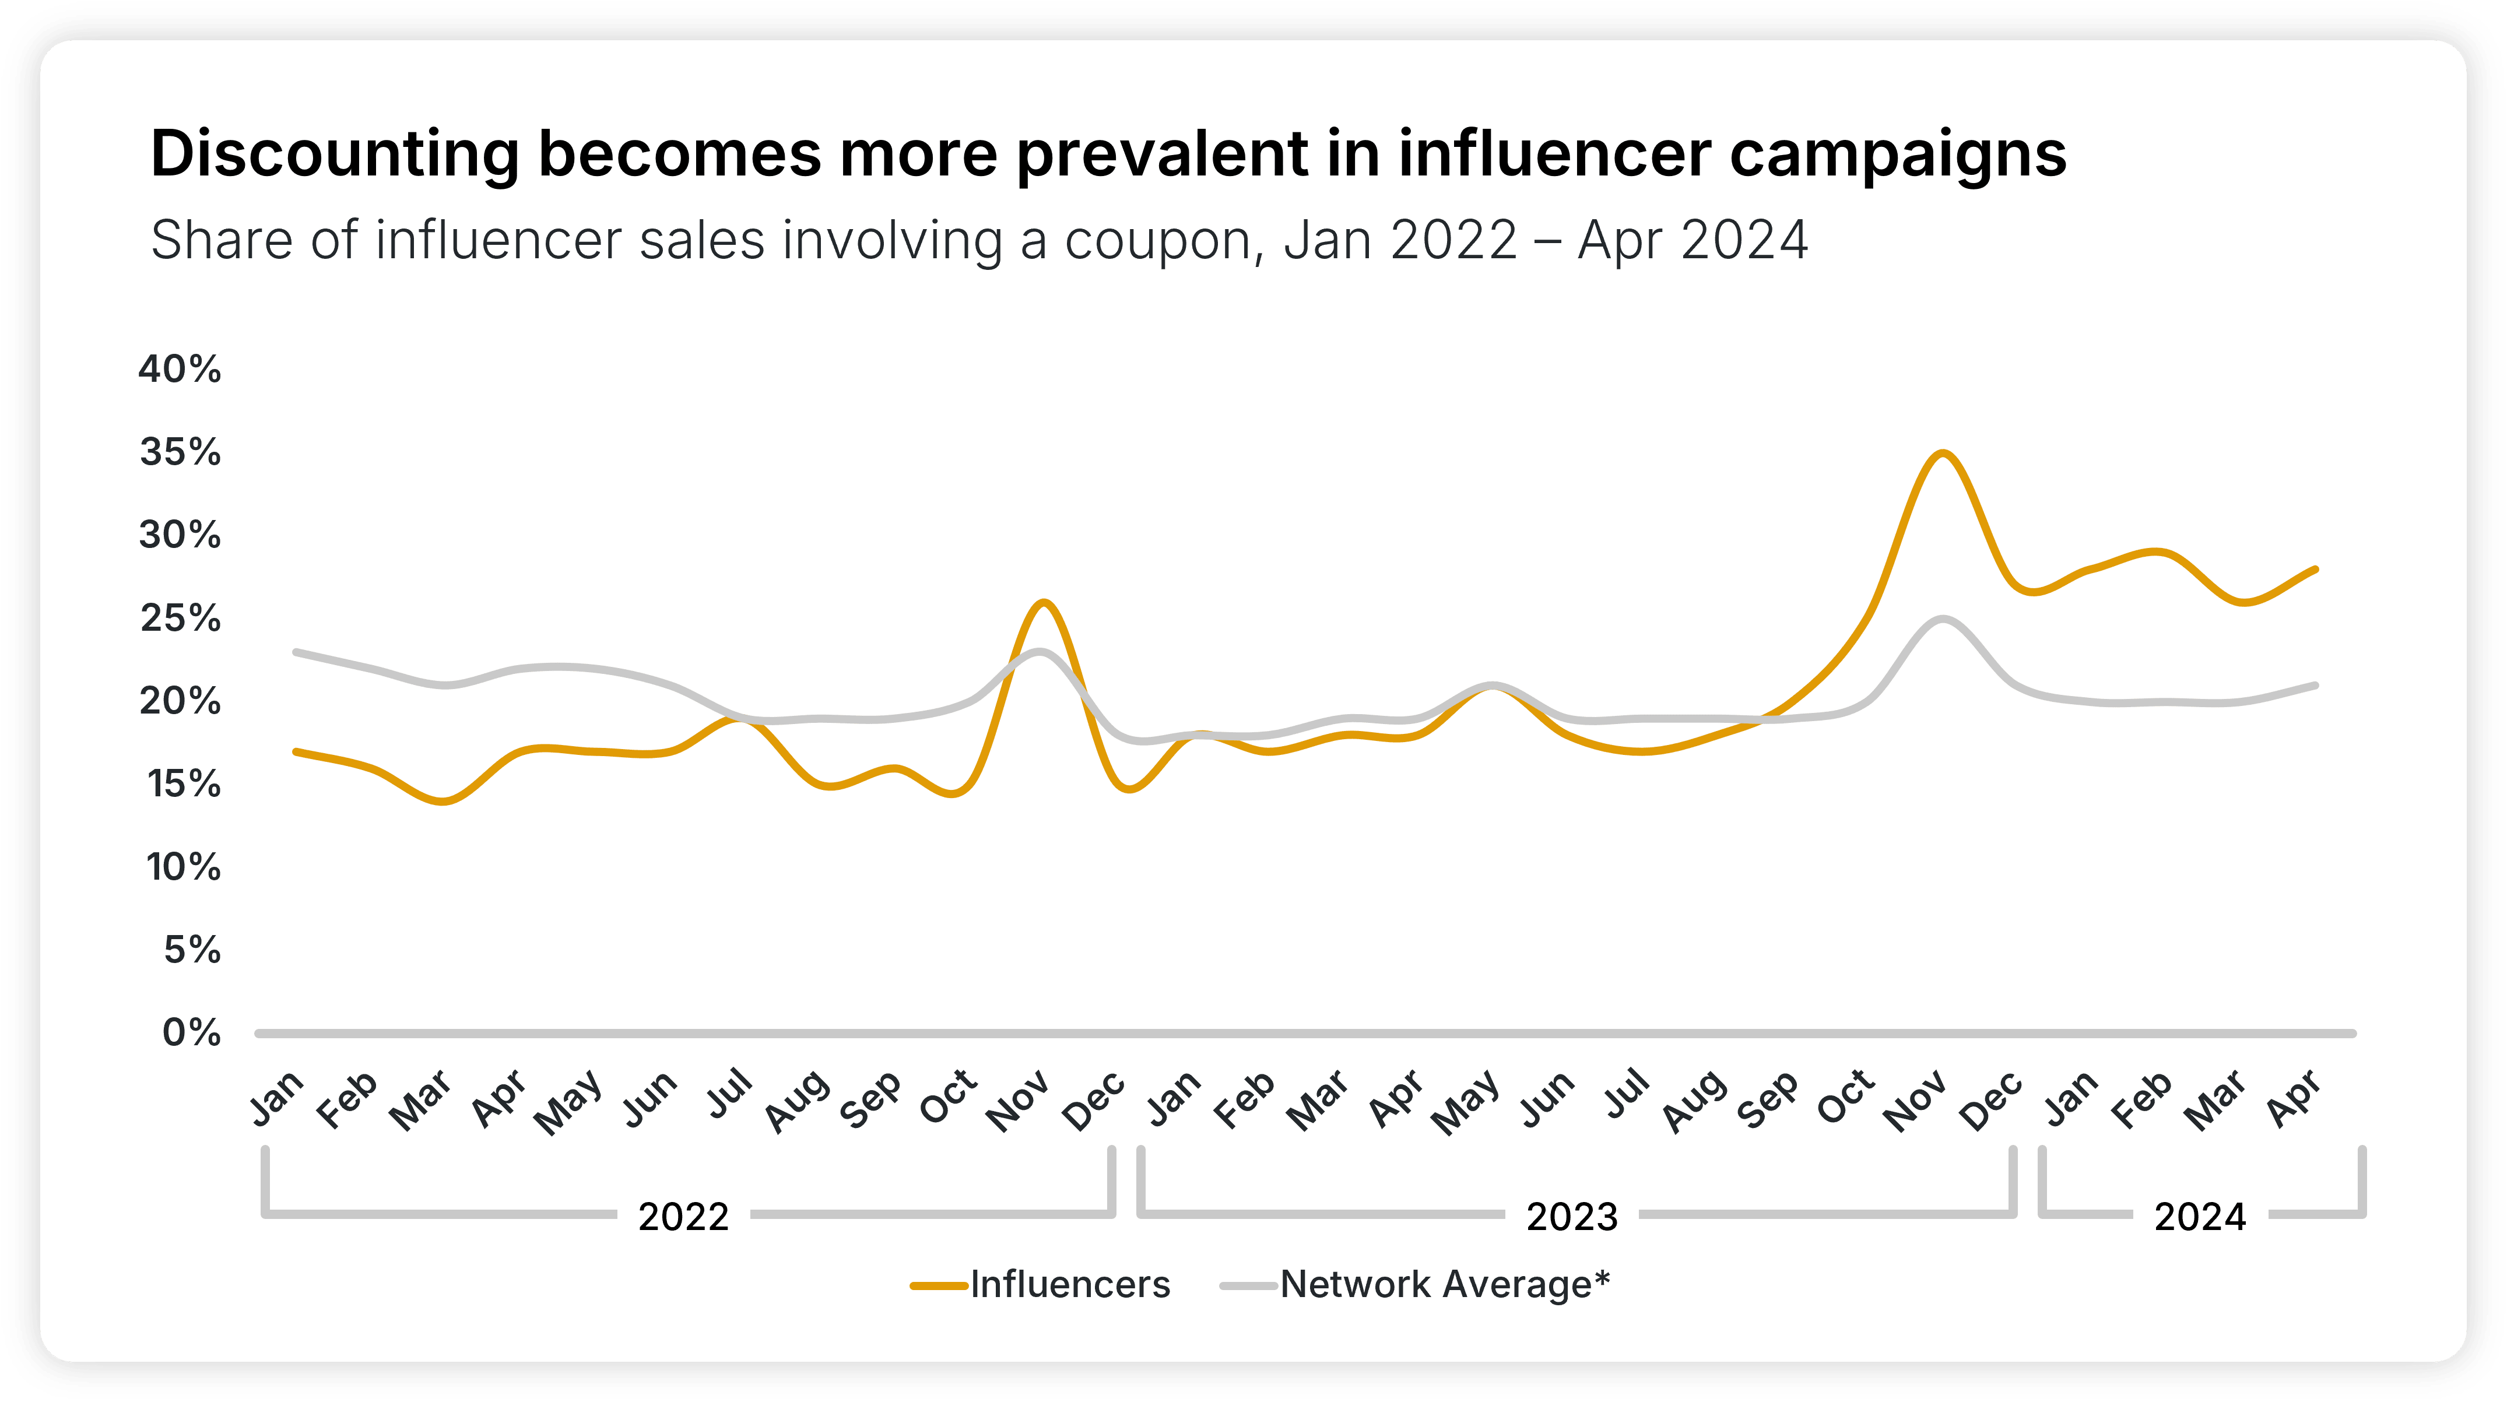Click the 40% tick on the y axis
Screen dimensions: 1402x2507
pyautogui.click(x=180, y=370)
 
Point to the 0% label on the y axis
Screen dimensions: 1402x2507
pyautogui.click(x=192, y=1032)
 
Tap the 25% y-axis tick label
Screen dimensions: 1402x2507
pyautogui.click(x=180, y=619)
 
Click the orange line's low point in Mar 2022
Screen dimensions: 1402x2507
pyautogui.click(x=444, y=802)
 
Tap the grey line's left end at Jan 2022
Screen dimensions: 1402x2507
pyautogui.click(x=295, y=652)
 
